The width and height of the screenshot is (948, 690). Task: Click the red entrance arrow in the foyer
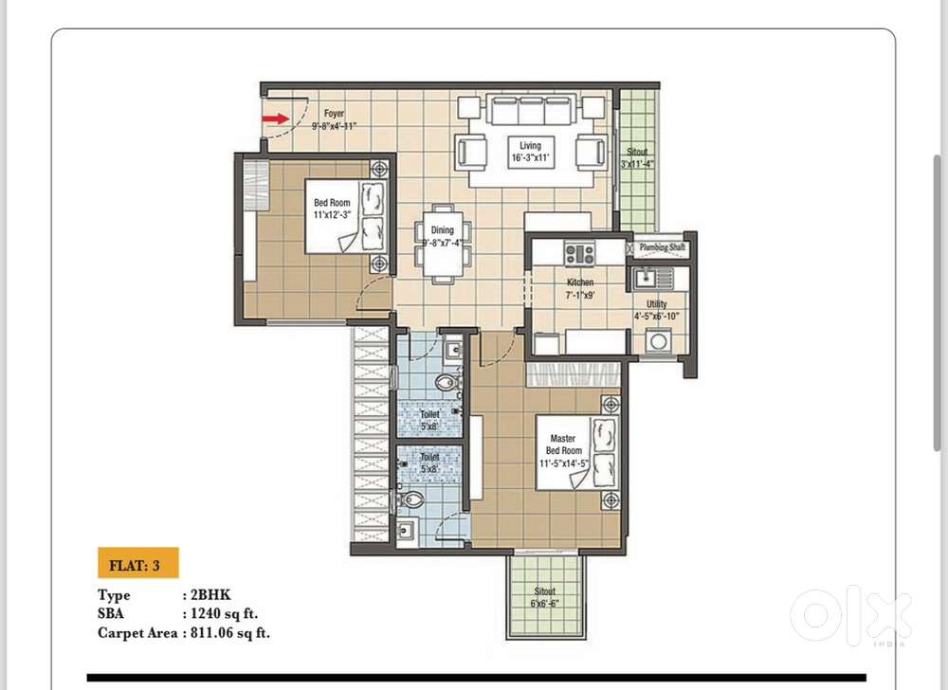(x=276, y=118)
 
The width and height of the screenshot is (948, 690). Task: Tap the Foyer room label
(x=334, y=114)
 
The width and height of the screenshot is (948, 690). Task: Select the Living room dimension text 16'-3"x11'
(x=530, y=159)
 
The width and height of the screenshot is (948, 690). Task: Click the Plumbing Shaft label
(x=663, y=247)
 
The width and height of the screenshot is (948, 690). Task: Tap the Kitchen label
(x=580, y=282)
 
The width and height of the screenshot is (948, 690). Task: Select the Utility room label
(x=657, y=304)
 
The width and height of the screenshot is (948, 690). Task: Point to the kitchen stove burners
(x=579, y=253)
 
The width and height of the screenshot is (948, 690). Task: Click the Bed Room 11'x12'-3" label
(x=333, y=208)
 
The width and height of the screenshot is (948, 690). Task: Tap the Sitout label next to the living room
(x=637, y=152)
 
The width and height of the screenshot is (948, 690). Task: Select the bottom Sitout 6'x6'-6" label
(x=544, y=596)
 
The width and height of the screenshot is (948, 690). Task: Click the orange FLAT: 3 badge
(x=137, y=565)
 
